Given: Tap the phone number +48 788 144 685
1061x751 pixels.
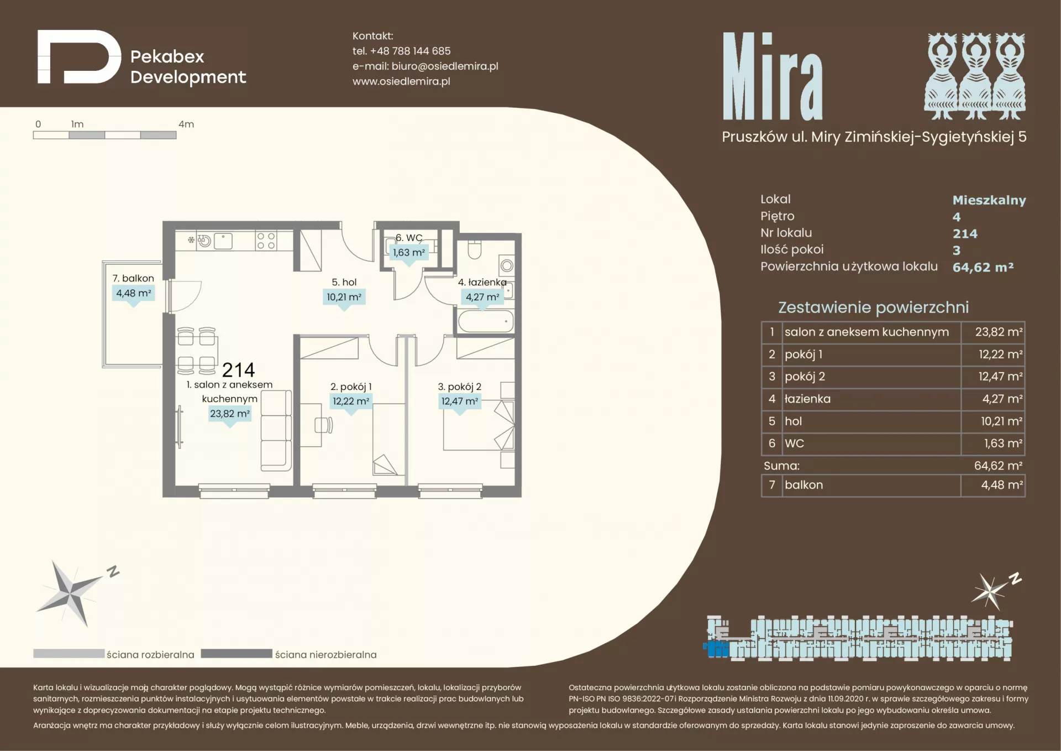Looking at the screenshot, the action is click(x=410, y=51).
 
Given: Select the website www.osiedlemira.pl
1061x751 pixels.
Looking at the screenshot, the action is click(x=401, y=81).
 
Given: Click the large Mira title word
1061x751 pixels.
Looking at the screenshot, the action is click(x=773, y=76).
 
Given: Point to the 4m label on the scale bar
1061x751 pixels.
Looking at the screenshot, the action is click(x=186, y=124).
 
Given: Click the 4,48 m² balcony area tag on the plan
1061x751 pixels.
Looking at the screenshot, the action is click(x=133, y=293).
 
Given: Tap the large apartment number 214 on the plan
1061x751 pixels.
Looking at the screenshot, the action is click(x=238, y=369).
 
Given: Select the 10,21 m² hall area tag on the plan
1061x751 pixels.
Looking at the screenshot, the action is click(x=344, y=297).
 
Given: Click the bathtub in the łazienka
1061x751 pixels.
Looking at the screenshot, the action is click(x=486, y=321).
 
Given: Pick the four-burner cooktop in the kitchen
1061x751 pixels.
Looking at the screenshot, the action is click(x=266, y=241).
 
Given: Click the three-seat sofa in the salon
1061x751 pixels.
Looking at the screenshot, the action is click(x=276, y=430).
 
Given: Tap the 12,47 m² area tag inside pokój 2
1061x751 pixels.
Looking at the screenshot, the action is click(x=460, y=401).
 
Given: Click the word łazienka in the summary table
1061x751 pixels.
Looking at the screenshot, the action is click(x=807, y=399).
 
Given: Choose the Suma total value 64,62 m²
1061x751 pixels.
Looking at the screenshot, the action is click(x=998, y=466).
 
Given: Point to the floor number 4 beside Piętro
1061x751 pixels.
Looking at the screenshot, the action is click(x=957, y=217).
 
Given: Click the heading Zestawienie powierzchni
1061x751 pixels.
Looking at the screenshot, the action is click(x=873, y=307).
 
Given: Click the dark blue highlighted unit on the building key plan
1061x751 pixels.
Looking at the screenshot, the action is click(x=718, y=649).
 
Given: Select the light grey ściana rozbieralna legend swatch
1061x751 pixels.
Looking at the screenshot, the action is click(x=69, y=654).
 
